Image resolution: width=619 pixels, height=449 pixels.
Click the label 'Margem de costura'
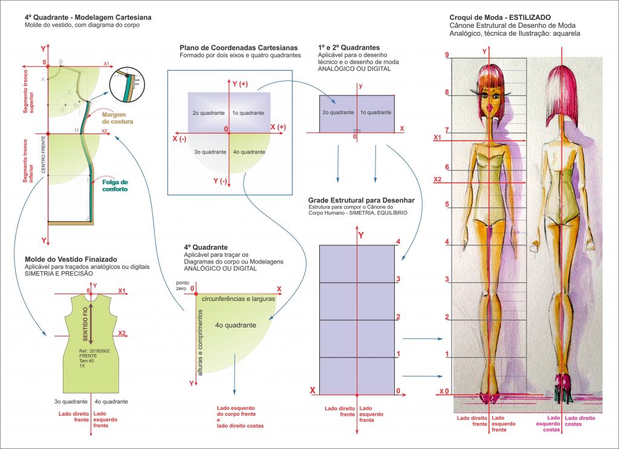point(117,118)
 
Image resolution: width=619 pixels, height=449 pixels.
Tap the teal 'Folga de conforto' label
point(115,186)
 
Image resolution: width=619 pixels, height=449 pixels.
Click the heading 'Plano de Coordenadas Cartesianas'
point(238,48)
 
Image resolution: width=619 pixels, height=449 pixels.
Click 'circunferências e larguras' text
point(238,299)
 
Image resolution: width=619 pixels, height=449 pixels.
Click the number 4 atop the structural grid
point(398,242)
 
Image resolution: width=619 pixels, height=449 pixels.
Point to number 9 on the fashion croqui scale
point(446,56)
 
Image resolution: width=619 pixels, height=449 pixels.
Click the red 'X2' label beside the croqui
point(439,180)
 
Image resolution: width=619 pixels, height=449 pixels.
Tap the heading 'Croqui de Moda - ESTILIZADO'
point(500,18)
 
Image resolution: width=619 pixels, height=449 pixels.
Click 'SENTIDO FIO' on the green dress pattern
point(85,324)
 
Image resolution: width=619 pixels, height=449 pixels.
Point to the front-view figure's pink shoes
point(488,396)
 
